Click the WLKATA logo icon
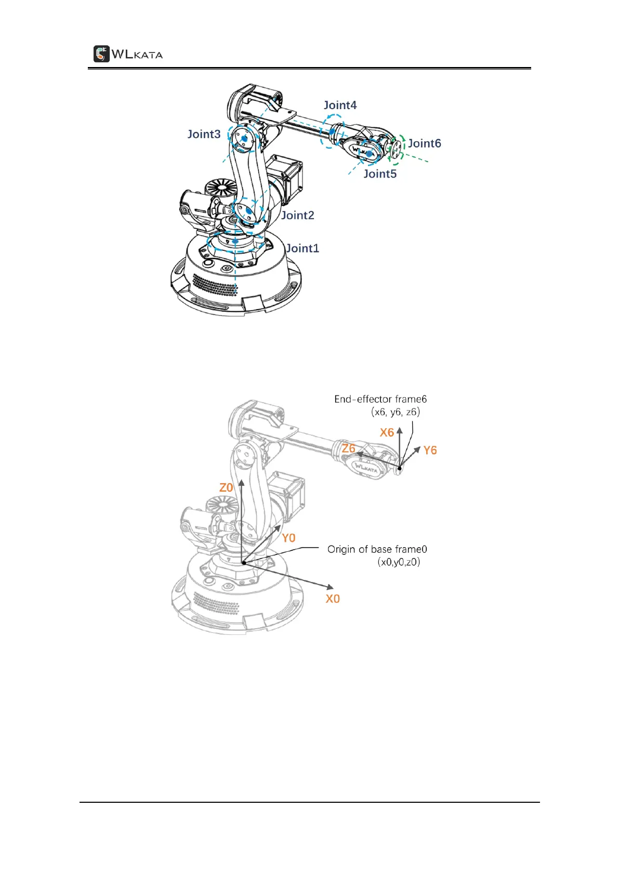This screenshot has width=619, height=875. (101, 54)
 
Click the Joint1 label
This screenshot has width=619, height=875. (302, 248)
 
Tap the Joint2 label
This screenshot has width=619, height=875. (298, 215)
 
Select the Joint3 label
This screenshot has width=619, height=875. (204, 134)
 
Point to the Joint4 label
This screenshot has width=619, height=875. (340, 105)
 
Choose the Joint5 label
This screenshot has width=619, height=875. (380, 174)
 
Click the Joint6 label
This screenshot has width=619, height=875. (424, 143)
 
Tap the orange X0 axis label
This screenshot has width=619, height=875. (333, 599)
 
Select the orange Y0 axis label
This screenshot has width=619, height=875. (288, 538)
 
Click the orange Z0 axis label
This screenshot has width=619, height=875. (226, 487)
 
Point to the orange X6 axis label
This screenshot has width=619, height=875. (387, 432)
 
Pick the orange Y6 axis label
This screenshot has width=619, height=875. (430, 450)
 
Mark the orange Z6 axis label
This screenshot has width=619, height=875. (349, 448)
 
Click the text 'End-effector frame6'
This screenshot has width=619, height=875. (380, 399)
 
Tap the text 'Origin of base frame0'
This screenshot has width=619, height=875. (377, 549)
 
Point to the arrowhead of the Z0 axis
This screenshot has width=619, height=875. (242, 483)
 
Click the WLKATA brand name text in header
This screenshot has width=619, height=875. (137, 54)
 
